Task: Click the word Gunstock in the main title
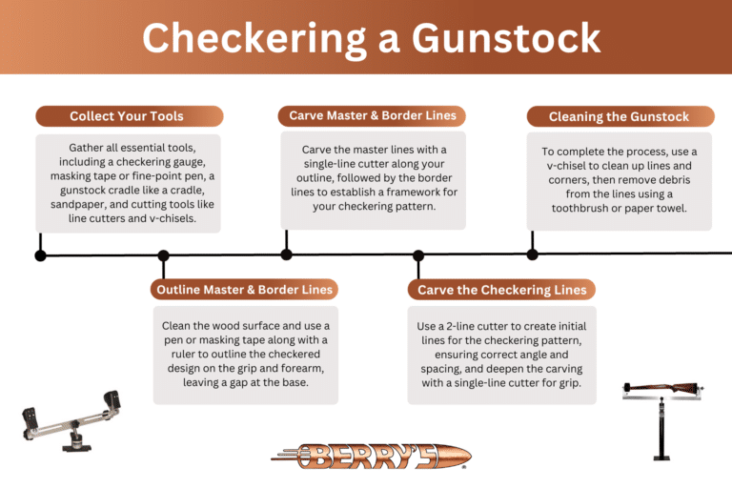click(506, 38)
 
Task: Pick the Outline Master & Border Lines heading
click(245, 289)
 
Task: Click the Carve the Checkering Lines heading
click(501, 290)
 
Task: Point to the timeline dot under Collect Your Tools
click(40, 255)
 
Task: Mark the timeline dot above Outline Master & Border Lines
click(163, 255)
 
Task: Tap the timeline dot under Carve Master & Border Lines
click(286, 255)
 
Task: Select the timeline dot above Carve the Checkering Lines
click(417, 255)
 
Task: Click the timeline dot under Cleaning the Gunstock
click(532, 254)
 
